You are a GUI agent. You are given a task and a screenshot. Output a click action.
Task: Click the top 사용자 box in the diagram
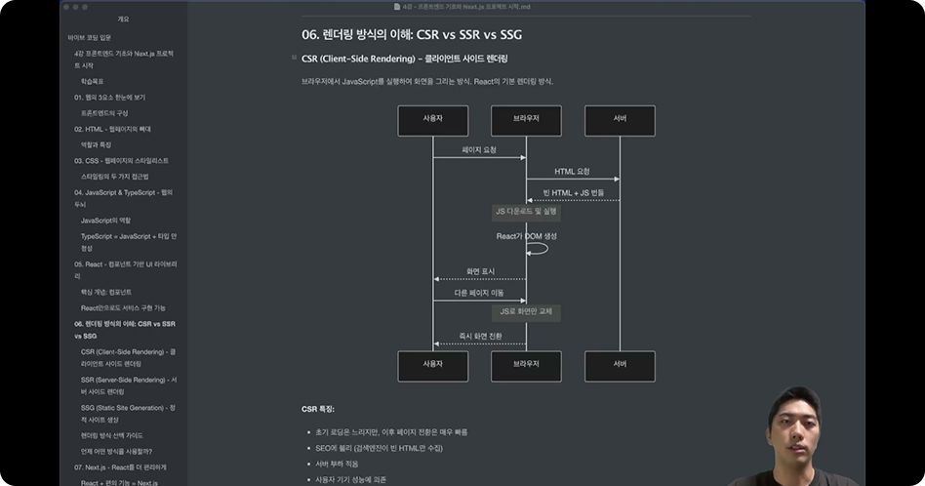432,120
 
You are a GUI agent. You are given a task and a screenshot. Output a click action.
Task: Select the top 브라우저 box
526,120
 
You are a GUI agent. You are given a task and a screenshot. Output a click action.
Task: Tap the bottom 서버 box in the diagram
620,365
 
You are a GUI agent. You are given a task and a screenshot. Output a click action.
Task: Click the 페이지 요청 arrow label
479,149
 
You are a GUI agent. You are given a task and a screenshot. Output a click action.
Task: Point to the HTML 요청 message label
572,172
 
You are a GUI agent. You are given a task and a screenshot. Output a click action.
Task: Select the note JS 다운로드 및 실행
526,211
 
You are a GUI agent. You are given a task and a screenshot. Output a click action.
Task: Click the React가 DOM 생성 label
526,236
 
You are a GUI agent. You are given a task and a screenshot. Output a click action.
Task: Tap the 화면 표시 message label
480,271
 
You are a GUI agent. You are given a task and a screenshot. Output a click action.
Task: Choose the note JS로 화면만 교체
526,312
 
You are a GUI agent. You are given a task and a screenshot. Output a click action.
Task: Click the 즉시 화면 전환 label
480,336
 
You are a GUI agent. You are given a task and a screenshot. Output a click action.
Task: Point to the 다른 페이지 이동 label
479,293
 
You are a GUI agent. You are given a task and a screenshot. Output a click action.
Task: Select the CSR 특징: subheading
317,410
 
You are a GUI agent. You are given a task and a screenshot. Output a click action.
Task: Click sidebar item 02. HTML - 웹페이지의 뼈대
112,129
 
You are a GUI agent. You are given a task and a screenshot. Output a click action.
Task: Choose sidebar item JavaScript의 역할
105,221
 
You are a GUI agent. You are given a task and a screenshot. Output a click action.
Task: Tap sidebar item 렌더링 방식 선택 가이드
111,435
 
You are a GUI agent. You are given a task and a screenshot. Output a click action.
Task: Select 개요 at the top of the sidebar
123,19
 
